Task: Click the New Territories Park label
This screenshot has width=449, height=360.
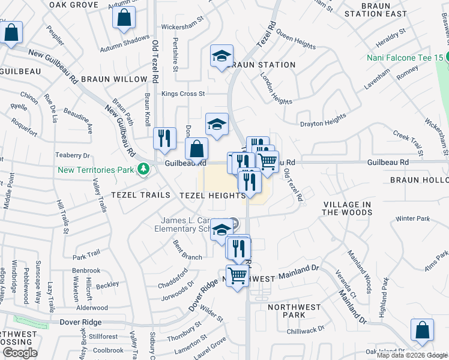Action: (x=95, y=170)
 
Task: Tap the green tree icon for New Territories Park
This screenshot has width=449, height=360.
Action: (x=143, y=170)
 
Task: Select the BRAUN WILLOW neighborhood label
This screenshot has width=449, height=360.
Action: (x=114, y=79)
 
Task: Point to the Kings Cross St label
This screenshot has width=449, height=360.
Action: (x=184, y=94)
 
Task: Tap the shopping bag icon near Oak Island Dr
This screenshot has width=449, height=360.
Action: (x=422, y=330)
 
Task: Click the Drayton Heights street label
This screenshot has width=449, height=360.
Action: (x=324, y=120)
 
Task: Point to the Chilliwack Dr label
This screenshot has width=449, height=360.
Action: (x=305, y=329)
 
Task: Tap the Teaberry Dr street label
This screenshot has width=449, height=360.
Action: (x=72, y=155)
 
